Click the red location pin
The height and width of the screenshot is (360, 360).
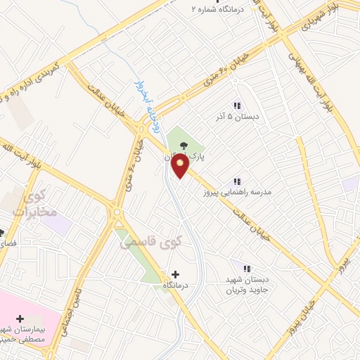point(181,166)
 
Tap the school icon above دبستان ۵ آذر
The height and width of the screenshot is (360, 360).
point(237,105)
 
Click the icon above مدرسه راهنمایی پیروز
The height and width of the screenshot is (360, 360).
point(237,181)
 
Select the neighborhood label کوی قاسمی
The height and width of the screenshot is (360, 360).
point(150,242)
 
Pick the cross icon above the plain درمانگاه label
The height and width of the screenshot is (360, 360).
point(175,274)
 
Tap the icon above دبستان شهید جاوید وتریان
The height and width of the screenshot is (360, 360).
point(247,268)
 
